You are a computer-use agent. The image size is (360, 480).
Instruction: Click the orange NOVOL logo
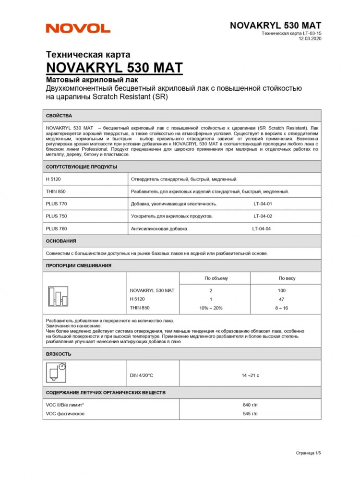coord(78,28)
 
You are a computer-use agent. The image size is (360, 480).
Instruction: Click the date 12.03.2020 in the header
coord(310,39)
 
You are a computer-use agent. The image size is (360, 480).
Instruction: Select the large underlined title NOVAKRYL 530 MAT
coord(114,67)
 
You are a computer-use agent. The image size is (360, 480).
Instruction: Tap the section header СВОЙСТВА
coord(59,116)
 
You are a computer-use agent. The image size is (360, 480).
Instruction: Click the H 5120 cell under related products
coord(52,179)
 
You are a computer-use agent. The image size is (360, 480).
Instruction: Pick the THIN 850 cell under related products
coord(56,192)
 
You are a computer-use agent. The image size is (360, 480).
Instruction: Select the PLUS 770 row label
coord(56,204)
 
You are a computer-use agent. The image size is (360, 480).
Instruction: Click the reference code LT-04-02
coord(263,216)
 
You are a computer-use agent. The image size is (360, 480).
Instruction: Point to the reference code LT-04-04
coord(262,229)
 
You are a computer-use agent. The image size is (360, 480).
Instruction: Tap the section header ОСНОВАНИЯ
coord(61,241)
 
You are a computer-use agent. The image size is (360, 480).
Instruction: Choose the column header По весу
coord(287,278)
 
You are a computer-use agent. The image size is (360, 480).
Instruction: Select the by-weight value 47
coord(281,300)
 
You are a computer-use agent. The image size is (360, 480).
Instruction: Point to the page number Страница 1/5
coord(308,453)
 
